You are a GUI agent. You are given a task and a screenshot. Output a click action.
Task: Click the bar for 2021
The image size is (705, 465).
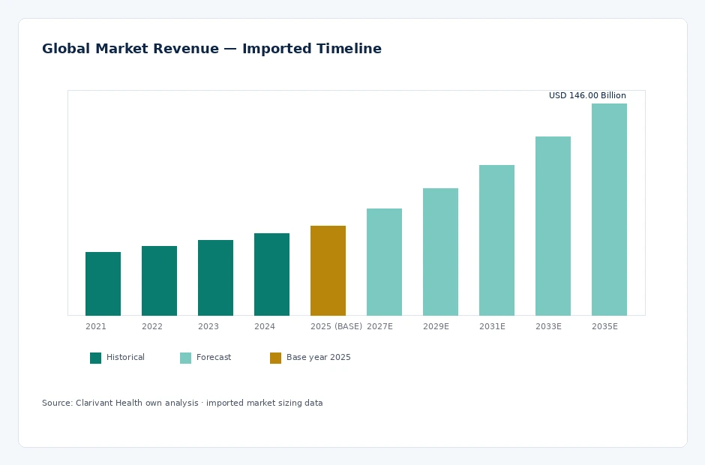(103, 283)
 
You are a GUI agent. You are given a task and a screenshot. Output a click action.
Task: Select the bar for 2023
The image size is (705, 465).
(215, 277)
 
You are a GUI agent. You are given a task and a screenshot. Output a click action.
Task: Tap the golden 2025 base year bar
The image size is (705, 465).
(328, 271)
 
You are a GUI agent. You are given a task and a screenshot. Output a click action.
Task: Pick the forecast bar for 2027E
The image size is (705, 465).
(385, 262)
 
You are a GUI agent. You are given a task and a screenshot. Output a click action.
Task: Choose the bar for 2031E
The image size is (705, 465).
(496, 240)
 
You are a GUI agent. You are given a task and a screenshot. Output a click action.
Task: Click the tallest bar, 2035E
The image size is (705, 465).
(609, 209)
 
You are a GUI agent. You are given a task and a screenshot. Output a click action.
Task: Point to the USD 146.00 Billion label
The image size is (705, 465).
(587, 95)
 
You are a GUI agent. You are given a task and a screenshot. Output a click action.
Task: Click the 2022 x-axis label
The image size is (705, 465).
(152, 326)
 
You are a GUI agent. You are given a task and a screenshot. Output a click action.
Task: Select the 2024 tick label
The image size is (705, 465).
(264, 326)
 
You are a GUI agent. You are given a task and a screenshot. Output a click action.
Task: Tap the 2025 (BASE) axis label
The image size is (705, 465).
(336, 326)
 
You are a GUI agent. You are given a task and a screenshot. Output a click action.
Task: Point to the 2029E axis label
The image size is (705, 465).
(436, 326)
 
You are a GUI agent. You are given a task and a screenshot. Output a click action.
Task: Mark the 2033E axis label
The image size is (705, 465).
(548, 326)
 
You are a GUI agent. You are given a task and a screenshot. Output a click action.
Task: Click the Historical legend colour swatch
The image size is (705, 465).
(96, 358)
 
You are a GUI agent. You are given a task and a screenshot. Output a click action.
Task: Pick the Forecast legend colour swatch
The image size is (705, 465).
(186, 358)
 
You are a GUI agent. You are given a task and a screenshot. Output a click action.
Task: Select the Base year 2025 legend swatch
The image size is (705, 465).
(275, 358)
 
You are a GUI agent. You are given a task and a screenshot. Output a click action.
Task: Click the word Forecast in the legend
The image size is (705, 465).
(214, 357)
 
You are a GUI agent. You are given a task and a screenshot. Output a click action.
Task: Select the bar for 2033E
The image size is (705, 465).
(553, 226)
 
